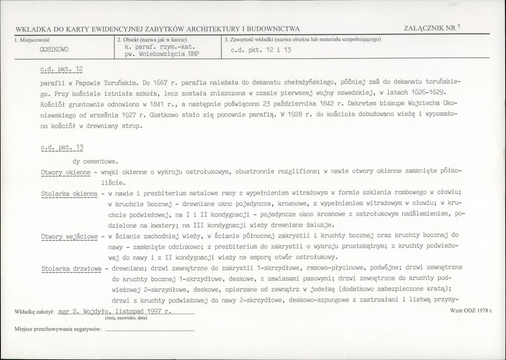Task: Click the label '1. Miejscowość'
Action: [x=32, y=40]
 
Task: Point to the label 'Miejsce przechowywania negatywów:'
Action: [x=58, y=329]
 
